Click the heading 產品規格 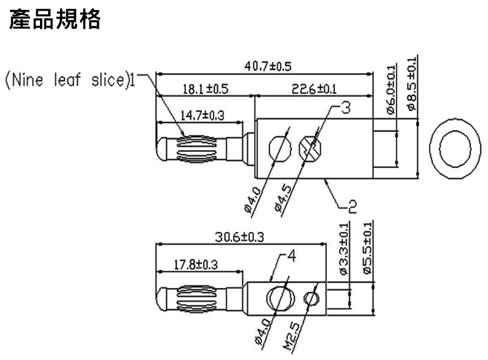(55, 19)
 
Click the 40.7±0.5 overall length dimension (268, 66)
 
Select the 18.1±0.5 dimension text (205, 89)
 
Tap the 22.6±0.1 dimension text (314, 89)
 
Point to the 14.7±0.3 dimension (202, 116)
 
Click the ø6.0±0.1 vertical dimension (391, 89)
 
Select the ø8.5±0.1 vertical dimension (412, 84)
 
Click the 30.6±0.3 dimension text (240, 237)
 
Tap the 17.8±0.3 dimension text (195, 265)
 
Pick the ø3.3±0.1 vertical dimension (344, 249)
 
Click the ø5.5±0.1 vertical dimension (367, 248)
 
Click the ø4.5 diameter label (283, 198)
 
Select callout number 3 (345, 107)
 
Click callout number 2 (352, 207)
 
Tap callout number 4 (292, 256)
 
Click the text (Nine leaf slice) (68, 80)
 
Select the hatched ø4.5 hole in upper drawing (310, 149)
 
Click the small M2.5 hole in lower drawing (311, 299)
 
